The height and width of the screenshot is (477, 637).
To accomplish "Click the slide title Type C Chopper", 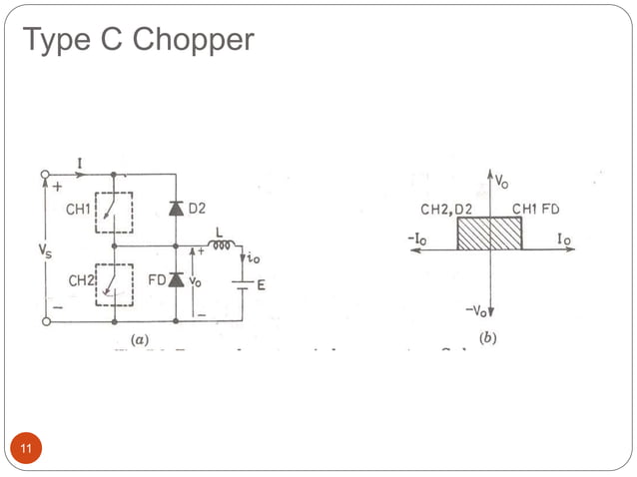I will [138, 40].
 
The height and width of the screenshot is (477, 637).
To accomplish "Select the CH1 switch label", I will [81, 210].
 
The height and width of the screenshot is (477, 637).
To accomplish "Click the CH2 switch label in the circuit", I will [81, 282].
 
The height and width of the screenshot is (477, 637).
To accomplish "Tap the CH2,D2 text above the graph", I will [448, 209].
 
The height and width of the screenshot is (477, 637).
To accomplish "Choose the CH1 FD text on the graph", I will [536, 209].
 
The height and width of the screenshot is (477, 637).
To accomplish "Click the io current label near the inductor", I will [255, 257].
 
